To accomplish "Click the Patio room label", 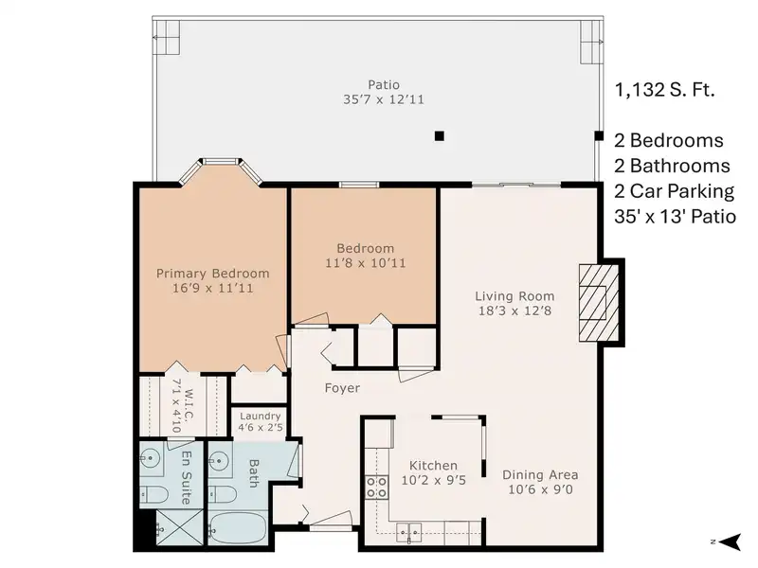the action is coord(384,85).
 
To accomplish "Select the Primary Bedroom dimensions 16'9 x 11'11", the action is coord(212,289).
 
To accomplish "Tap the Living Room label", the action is coord(514,296).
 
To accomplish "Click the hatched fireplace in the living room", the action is coord(599,303).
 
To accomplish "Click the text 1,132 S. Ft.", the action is coord(665,90).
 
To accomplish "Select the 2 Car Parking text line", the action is coord(675,191).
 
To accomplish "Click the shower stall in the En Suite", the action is coord(179,527).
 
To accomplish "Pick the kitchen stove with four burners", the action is coord(376,487).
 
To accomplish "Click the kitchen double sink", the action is coord(409,532).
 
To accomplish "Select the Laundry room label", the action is coord(260,416).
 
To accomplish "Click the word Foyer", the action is coord(342,388).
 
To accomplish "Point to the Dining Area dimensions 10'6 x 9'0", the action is coord(540,489).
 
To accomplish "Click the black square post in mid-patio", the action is coord(439,135).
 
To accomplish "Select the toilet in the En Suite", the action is coord(154,494).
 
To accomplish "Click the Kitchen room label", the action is coord(433,466).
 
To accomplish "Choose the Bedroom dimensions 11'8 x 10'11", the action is coord(366,263).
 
